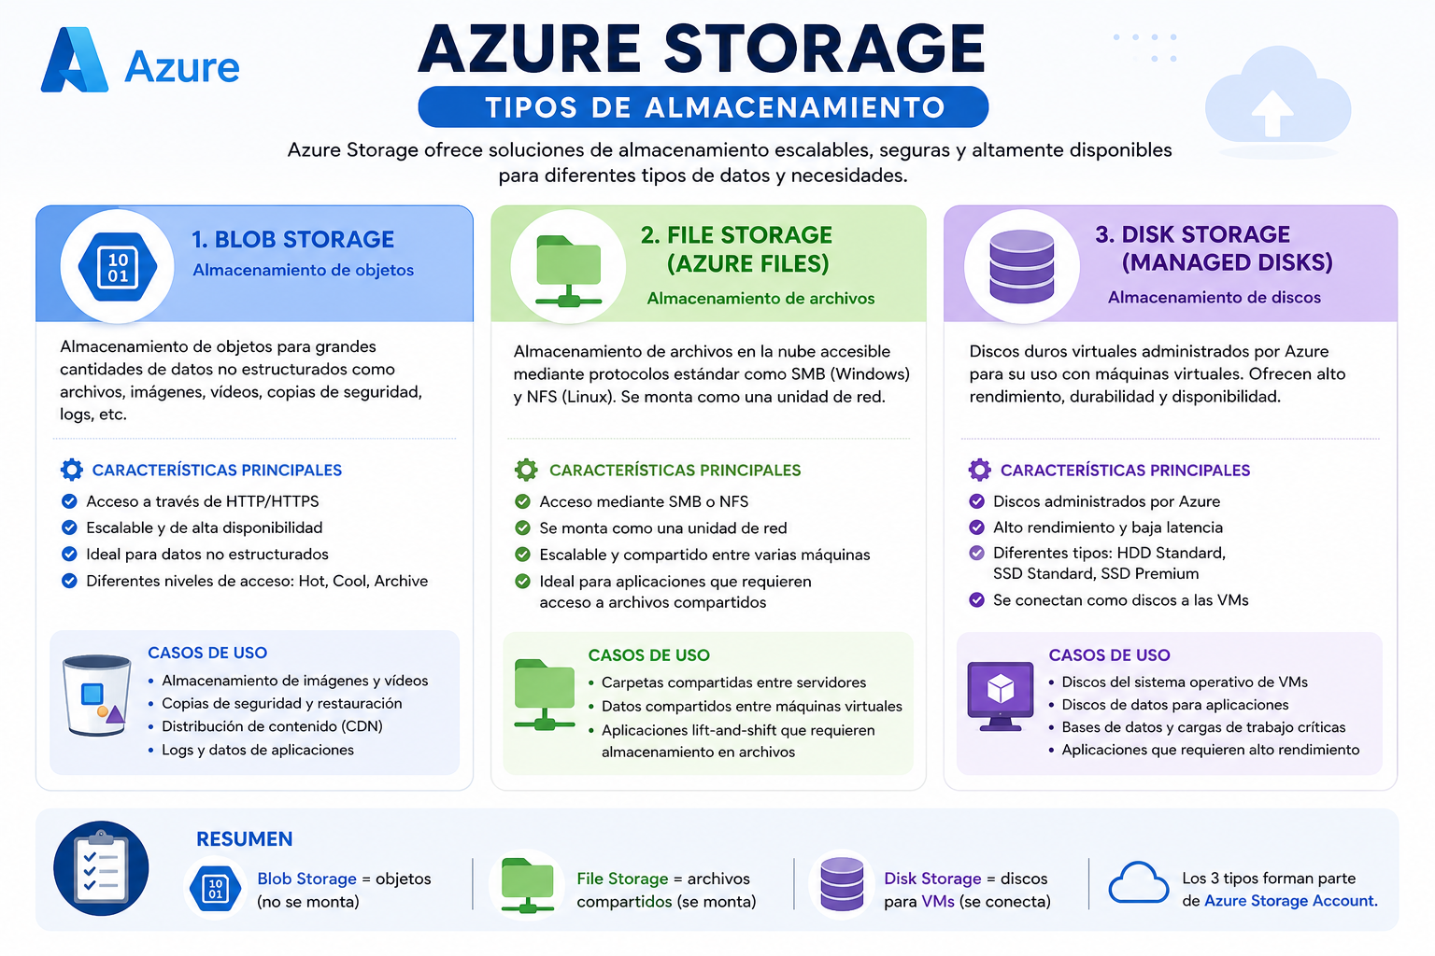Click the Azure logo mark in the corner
pos(75,60)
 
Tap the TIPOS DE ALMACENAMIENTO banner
pos(703,107)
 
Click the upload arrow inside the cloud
pos(1272,113)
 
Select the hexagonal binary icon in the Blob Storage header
pos(118,267)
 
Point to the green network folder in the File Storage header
pos(568,271)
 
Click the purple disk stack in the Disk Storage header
pos(1022,266)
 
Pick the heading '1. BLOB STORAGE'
pos(292,240)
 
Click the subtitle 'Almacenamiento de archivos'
pos(760,299)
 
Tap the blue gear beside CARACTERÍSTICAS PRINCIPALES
pos(72,470)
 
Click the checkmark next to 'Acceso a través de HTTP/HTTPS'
pos(69,500)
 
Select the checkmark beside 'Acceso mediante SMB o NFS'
pos(523,501)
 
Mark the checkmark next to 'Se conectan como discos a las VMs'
pos(976,600)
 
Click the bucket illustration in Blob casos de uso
pos(96,695)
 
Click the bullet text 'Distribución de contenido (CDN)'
pos(272,726)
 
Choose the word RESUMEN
pos(244,838)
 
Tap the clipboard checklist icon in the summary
pos(101,868)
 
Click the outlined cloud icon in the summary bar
pos(1138,883)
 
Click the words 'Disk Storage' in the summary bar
pos(932,879)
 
